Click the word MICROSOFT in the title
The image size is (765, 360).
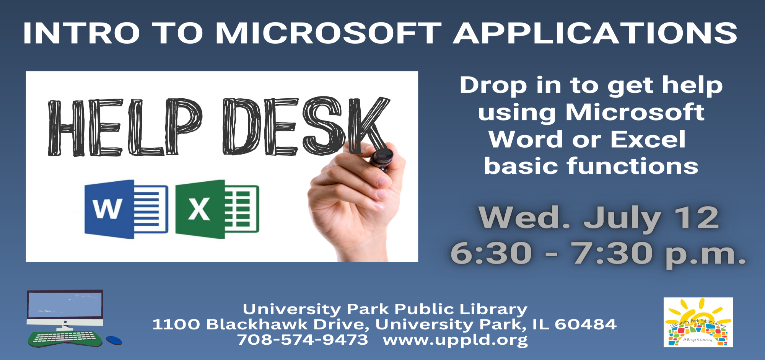[329, 33]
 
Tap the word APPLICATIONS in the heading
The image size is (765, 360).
[596, 33]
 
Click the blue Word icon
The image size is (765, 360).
[126, 209]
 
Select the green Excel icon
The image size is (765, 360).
[217, 209]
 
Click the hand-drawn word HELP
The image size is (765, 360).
[125, 127]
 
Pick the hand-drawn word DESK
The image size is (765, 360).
[306, 126]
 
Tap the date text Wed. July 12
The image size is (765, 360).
[599, 218]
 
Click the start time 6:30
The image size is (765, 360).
[491, 253]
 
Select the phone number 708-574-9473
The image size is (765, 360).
[303, 339]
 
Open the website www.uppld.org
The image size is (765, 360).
[455, 340]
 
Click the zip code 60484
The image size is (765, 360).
[586, 324]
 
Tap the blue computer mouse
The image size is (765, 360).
[114, 340]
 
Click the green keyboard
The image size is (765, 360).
[65, 339]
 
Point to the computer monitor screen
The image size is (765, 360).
[65, 305]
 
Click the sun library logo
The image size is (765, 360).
[698, 322]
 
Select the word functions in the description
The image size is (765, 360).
[633, 166]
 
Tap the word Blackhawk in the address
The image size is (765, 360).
[257, 324]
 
